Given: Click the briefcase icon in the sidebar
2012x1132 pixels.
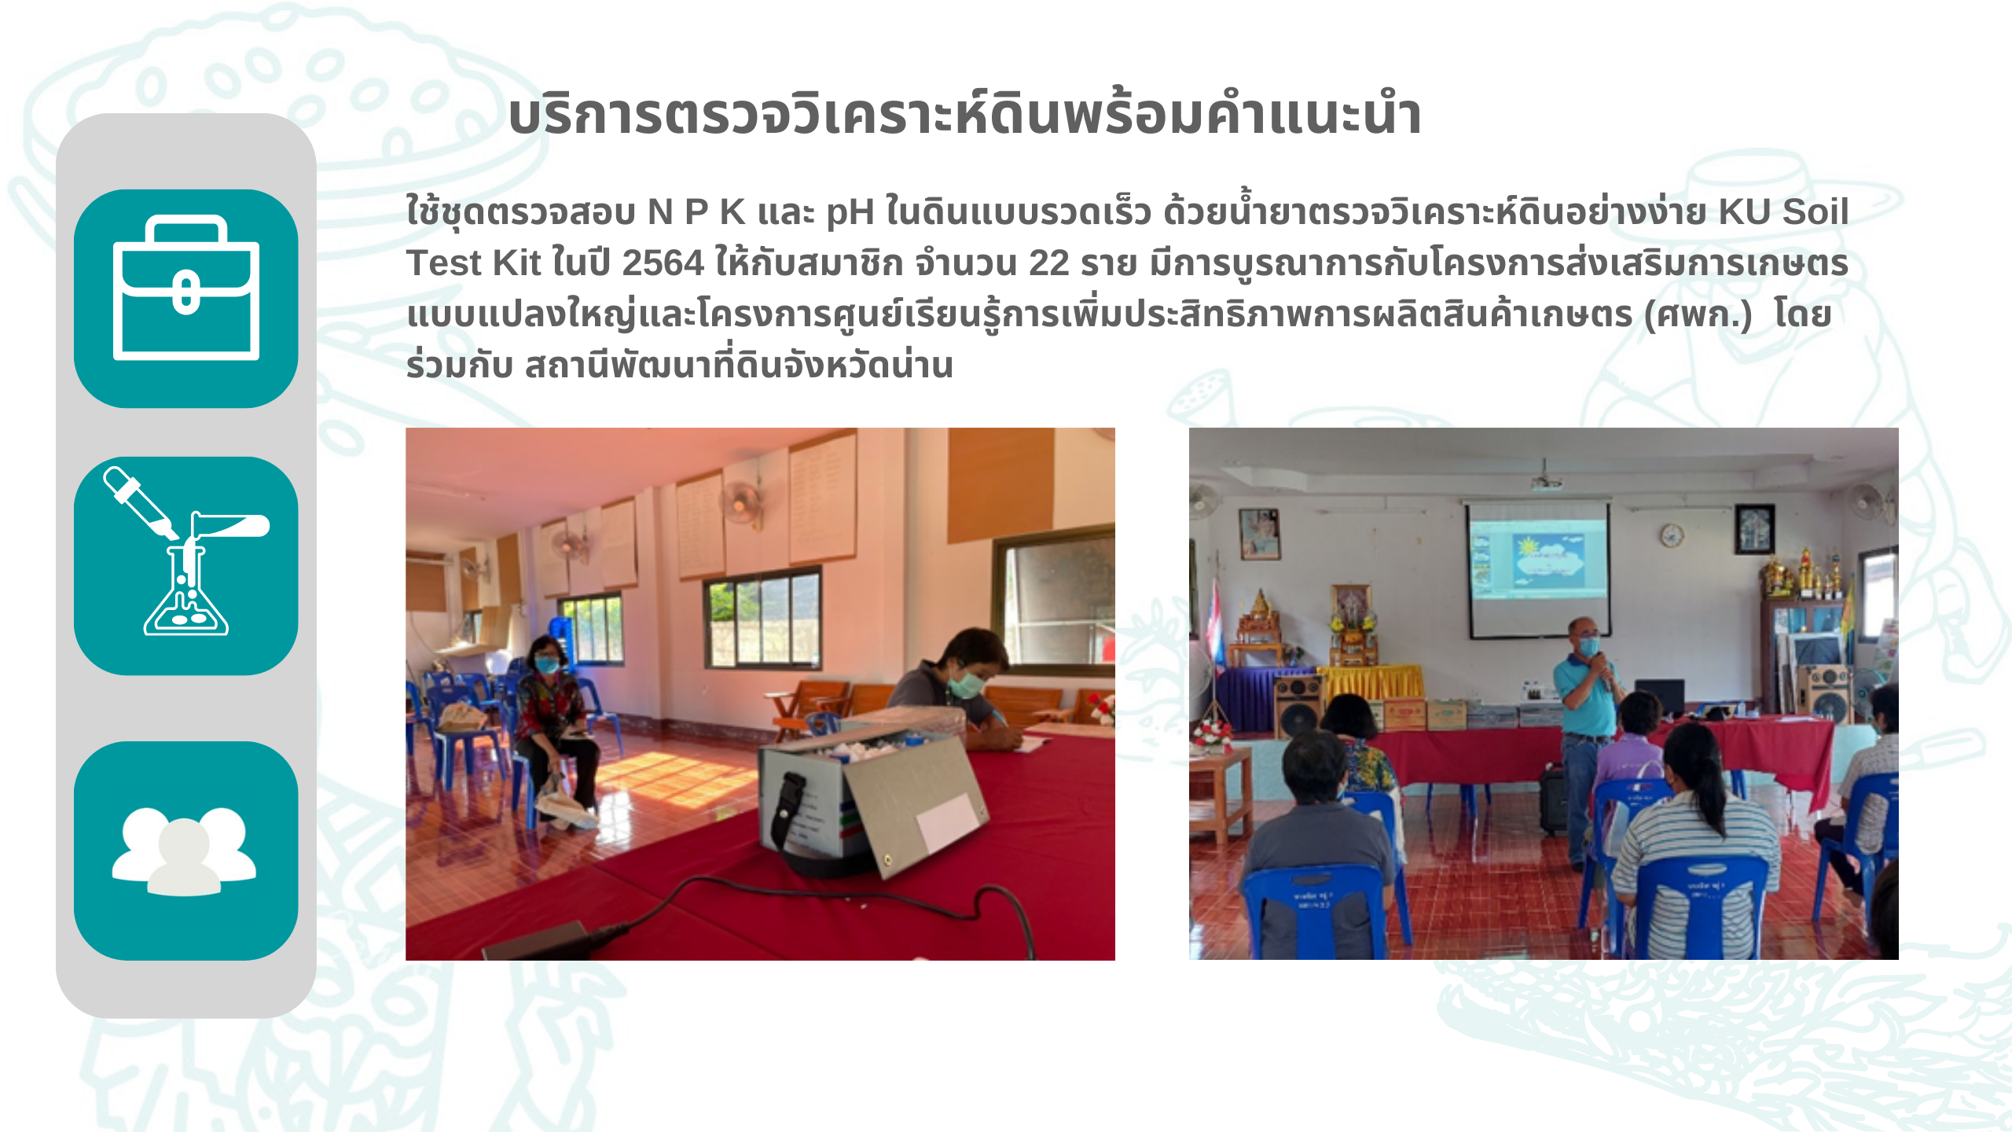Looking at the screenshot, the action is tap(186, 287).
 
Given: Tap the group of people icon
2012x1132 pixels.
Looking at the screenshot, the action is tap(184, 851).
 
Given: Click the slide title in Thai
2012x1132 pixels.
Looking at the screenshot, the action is tap(964, 116).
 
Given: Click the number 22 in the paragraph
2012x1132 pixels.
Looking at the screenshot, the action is tap(1048, 263).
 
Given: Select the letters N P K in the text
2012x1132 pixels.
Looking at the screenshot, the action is tap(696, 212).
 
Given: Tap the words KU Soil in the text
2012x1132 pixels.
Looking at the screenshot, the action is tap(1783, 212).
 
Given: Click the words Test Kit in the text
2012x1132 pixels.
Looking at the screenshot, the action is tap(473, 263).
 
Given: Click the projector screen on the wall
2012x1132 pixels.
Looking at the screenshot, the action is tap(1539, 568).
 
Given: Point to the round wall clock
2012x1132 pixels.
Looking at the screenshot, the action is tap(1671, 535).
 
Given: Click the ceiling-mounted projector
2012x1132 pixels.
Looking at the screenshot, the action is tap(1545, 480).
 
